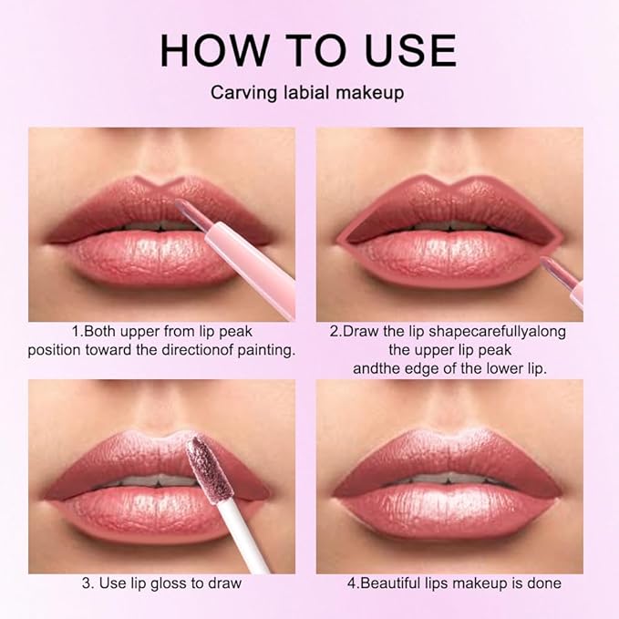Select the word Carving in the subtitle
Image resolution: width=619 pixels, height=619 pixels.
click(x=240, y=92)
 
